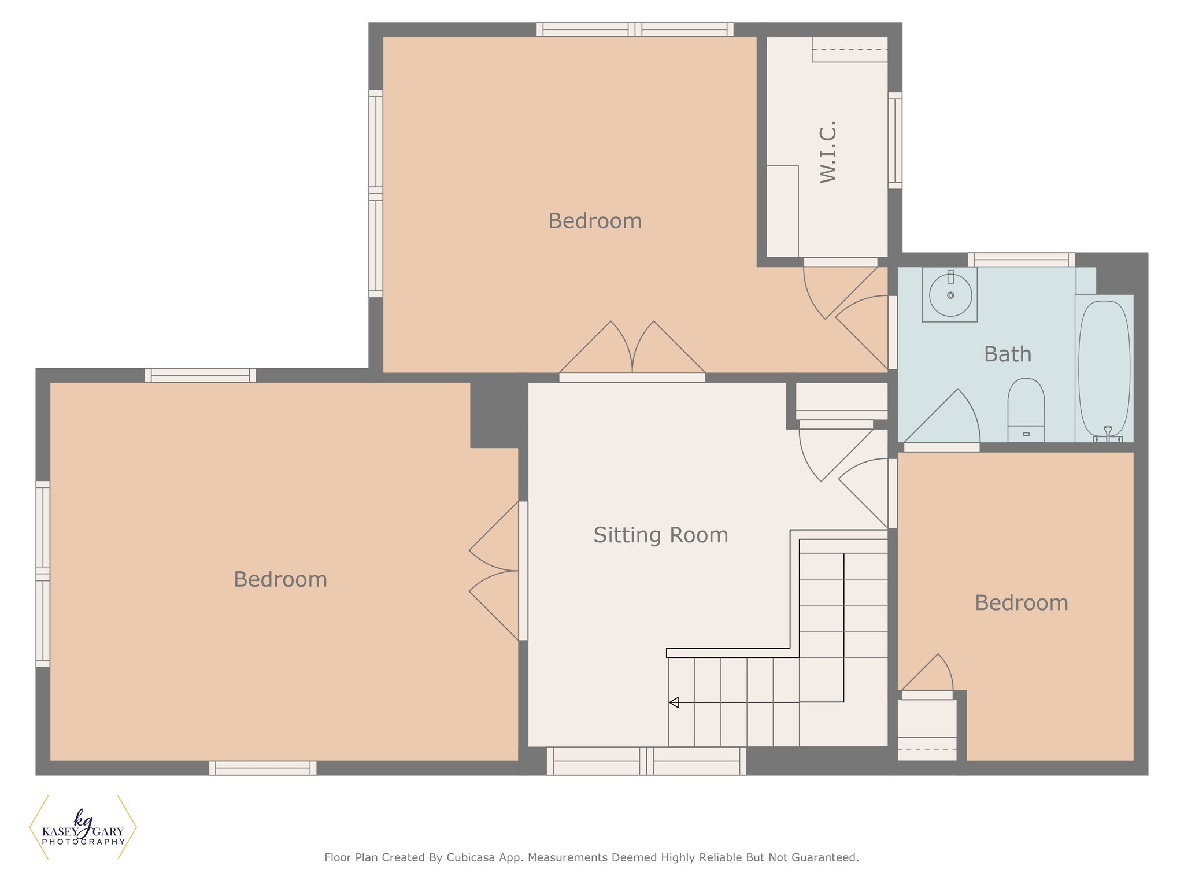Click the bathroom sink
pyautogui.click(x=950, y=294)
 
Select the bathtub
pyautogui.click(x=1104, y=368)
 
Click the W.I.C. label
pyautogui.click(x=828, y=152)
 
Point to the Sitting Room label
pyautogui.click(x=661, y=535)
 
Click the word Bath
pyautogui.click(x=1008, y=354)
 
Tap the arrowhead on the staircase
pyautogui.click(x=674, y=702)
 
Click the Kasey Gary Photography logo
pyautogui.click(x=83, y=827)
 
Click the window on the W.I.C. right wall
pyautogui.click(x=895, y=140)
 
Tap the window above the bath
pyautogui.click(x=1022, y=260)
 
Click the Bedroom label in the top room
pyautogui.click(x=595, y=221)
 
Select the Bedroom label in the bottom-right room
pyautogui.click(x=1022, y=603)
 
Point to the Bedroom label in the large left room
pyautogui.click(x=280, y=579)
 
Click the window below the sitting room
pyautogui.click(x=646, y=761)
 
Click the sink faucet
pyautogui.click(x=950, y=277)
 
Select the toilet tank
pyautogui.click(x=1026, y=434)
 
